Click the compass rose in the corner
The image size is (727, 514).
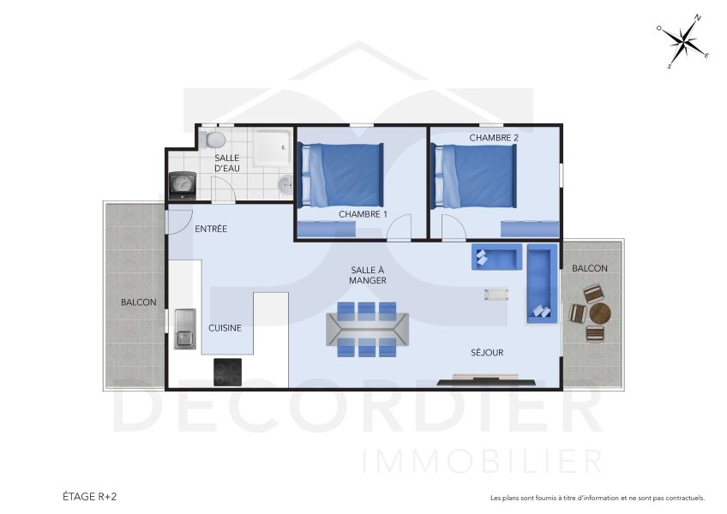[683, 41]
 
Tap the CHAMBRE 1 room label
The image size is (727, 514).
[363, 214]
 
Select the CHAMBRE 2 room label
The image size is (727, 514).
[494, 137]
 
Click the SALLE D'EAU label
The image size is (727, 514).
[226, 163]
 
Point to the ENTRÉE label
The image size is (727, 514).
[211, 229]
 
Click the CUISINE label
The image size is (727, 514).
[225, 327]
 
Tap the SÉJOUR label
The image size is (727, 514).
[487, 352]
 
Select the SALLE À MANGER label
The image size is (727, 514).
[368, 275]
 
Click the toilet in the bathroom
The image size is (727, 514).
[215, 138]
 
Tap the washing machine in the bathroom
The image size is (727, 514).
[182, 184]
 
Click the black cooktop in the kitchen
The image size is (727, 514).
[227, 371]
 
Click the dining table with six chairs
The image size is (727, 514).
[368, 328]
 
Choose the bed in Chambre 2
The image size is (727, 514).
[476, 176]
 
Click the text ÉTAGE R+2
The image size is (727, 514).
[90, 496]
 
